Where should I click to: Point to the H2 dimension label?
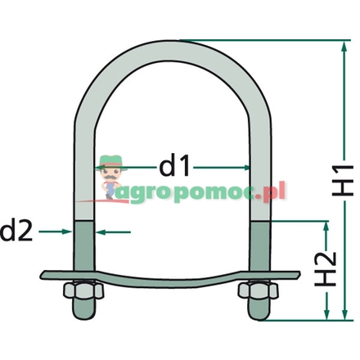(327, 268)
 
